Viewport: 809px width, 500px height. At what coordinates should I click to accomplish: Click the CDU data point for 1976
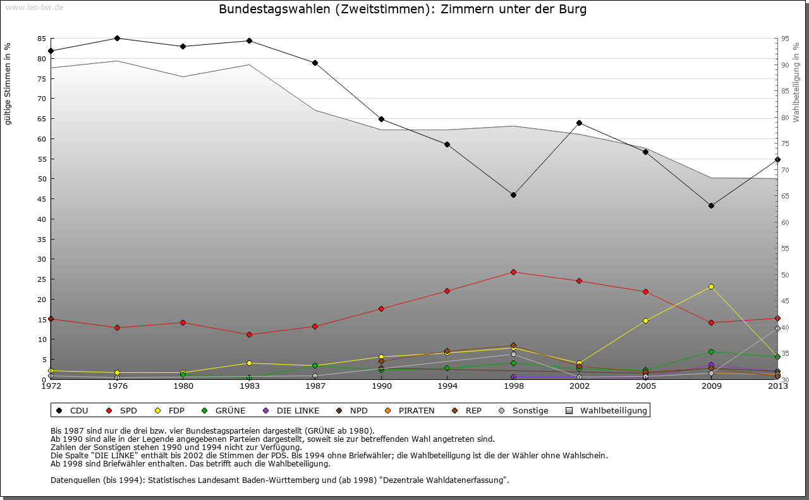pos(117,38)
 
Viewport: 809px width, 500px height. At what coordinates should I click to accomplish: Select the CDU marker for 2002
pos(579,123)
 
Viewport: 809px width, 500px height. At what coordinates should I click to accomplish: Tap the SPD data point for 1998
pos(513,272)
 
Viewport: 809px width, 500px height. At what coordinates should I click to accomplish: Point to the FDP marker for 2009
pos(711,286)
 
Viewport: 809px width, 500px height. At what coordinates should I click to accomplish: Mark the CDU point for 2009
pos(711,205)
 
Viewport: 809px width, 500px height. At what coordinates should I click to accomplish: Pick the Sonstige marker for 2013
pos(777,328)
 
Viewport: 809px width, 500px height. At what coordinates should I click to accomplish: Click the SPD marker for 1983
pos(249,334)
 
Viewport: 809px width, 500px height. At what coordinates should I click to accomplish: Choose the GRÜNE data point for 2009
pos(711,351)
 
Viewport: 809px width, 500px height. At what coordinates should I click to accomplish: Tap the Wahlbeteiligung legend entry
pos(607,410)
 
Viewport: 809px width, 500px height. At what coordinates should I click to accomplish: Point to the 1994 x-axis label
pos(447,386)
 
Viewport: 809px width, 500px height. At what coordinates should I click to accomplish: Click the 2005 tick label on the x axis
pos(645,386)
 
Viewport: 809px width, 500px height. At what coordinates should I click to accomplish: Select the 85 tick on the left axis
pos(42,39)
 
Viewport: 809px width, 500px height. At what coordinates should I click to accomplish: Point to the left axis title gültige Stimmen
pos(8,83)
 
